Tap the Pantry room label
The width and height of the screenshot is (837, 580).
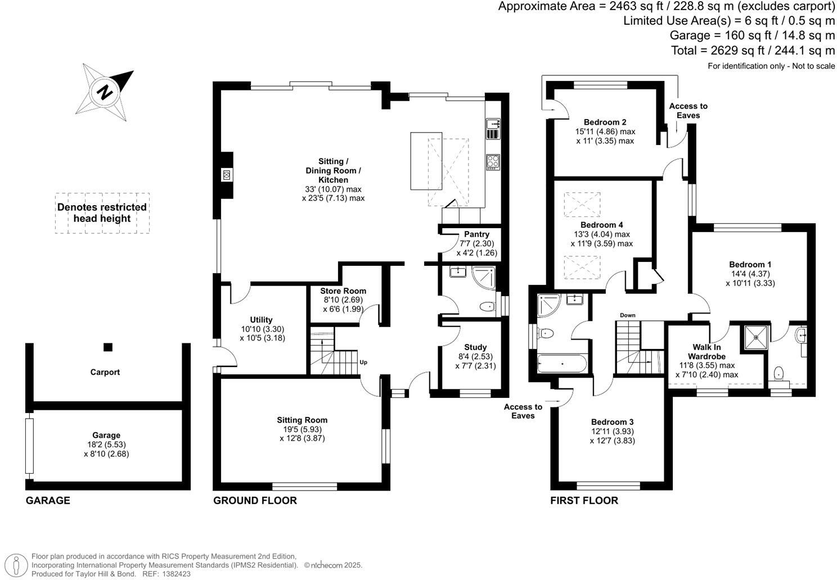(476, 234)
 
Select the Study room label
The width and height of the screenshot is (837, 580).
(475, 347)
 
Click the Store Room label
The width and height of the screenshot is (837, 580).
(343, 291)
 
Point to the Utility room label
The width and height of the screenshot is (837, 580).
(261, 320)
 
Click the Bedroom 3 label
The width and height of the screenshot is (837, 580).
(612, 422)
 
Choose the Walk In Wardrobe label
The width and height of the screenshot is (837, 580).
(706, 352)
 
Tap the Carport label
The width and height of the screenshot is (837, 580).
(105, 372)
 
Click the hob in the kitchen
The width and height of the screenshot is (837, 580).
(493, 162)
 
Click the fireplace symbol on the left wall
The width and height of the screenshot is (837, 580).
(227, 175)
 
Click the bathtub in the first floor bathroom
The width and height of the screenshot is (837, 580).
(562, 364)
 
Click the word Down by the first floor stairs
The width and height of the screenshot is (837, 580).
(627, 315)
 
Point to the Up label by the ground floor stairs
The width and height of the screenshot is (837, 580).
(363, 362)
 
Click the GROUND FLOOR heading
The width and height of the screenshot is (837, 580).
(255, 501)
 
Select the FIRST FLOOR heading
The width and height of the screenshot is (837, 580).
(584, 501)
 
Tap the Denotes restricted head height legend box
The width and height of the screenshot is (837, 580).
(102, 213)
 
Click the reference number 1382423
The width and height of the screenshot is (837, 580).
(175, 574)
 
